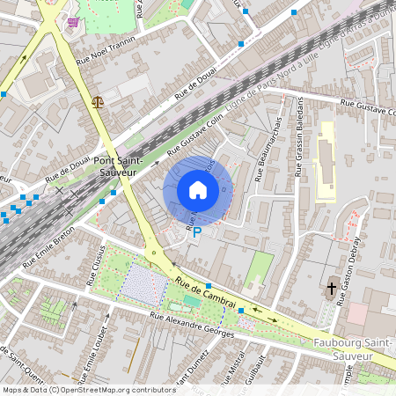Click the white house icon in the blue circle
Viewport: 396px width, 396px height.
198,189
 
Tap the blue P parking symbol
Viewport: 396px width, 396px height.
197,232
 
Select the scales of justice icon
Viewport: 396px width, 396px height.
97,101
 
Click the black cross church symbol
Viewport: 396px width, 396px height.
333,288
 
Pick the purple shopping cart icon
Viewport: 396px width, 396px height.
72,22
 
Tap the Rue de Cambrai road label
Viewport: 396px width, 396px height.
206,294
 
